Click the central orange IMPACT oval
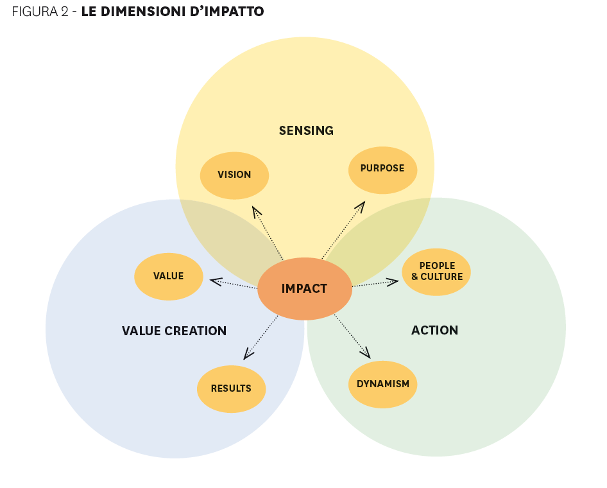[x=304, y=288]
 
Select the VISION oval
[x=234, y=175]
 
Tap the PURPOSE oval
[x=382, y=169]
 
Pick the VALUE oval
[x=168, y=276]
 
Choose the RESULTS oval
[x=231, y=388]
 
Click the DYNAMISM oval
[x=383, y=384]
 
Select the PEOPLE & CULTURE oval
[x=436, y=272]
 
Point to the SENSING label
[x=306, y=131]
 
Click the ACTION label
[x=434, y=331]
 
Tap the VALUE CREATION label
[x=174, y=331]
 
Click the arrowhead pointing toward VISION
[x=257, y=211]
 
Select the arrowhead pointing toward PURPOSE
[x=361, y=206]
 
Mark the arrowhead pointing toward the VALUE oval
[x=216, y=281]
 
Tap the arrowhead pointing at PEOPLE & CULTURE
[x=393, y=281]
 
